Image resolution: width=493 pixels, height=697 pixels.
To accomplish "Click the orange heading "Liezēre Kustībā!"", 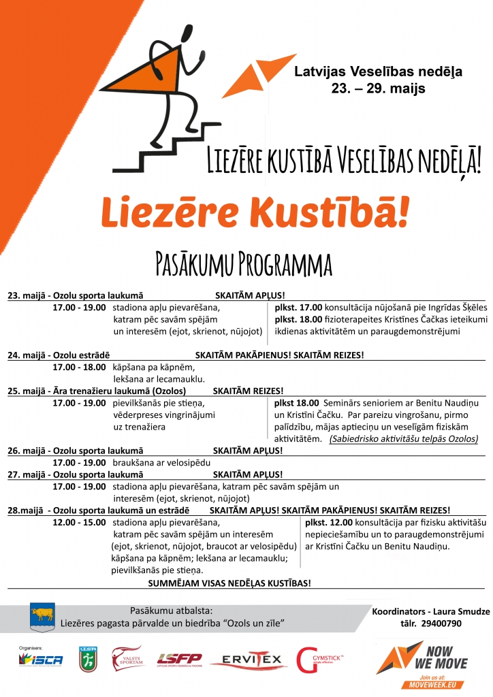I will point(256,214).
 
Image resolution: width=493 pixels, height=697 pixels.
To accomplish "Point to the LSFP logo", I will point(180,659).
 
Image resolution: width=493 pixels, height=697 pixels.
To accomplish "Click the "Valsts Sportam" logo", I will point(129,658).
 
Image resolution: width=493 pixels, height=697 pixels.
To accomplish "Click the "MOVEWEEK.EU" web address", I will point(432,684).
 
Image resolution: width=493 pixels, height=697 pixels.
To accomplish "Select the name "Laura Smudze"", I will point(460,611).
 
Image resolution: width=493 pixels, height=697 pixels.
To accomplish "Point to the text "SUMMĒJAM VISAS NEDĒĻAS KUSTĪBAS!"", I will point(229,583).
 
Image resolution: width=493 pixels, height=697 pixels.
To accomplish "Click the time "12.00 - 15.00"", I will point(79,522).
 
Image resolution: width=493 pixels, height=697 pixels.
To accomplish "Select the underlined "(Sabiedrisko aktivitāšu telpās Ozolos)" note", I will point(403,439).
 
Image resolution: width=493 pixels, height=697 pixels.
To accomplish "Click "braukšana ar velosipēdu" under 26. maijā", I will point(155,462).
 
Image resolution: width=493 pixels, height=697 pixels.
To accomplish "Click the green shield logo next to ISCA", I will point(87,659).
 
